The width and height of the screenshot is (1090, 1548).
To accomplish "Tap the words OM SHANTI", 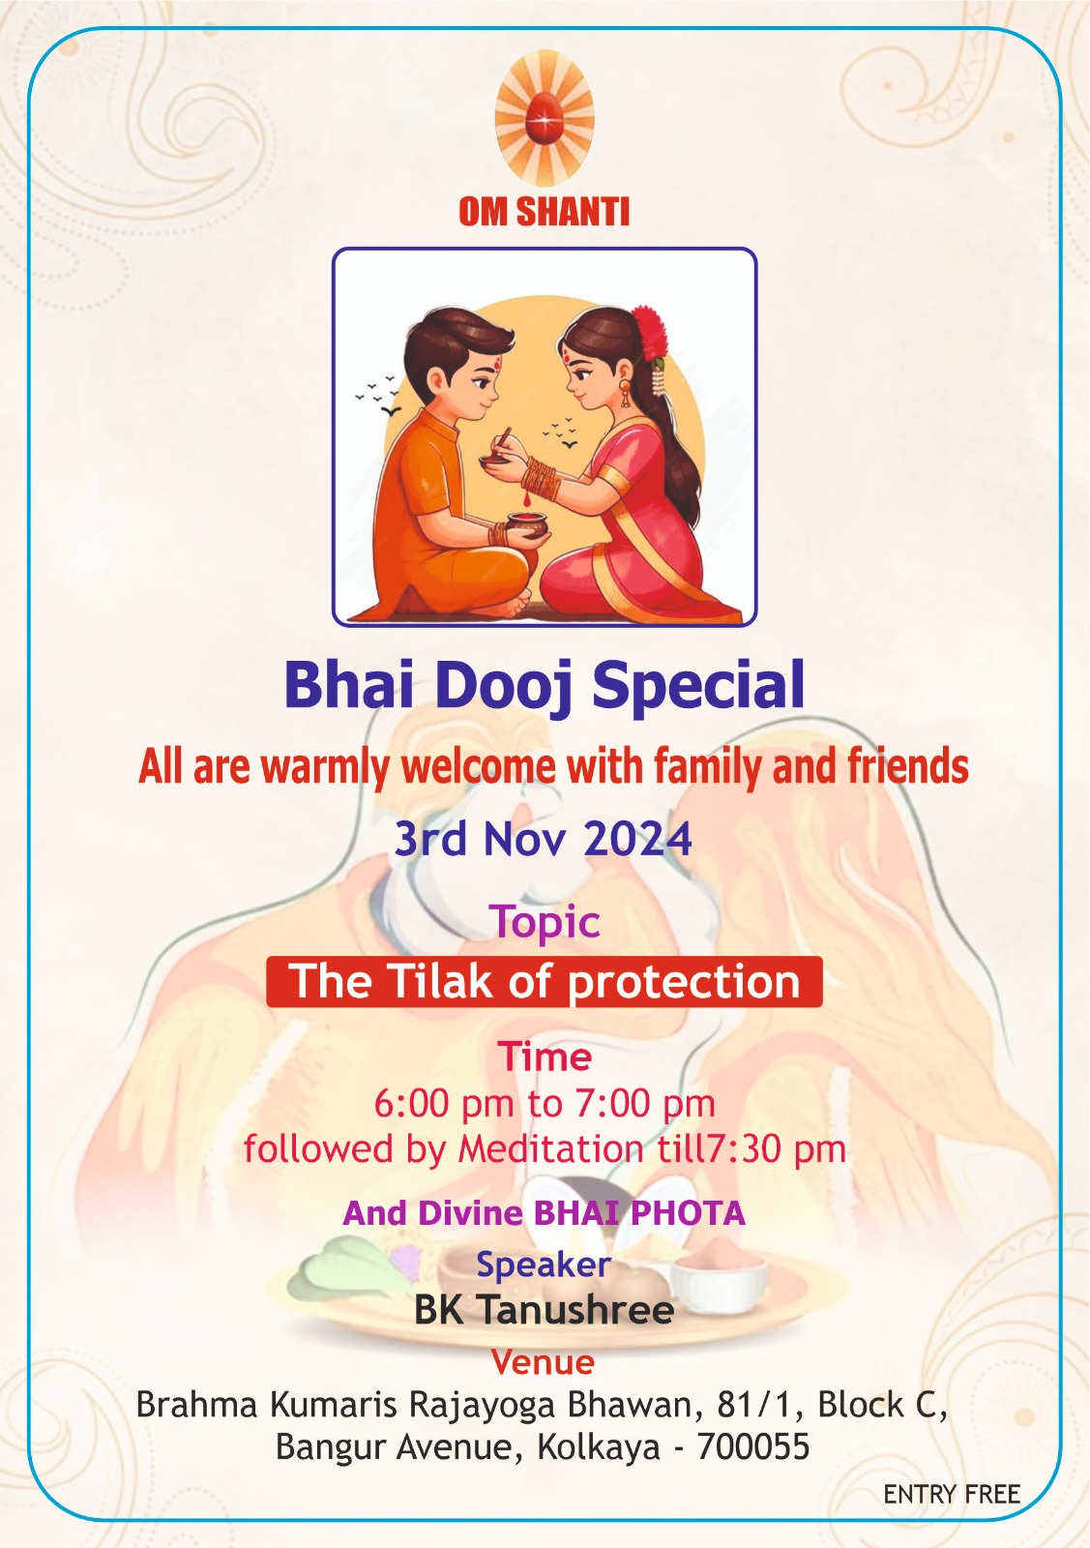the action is point(545,212).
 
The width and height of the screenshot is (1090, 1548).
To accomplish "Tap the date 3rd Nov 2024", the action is point(543,839).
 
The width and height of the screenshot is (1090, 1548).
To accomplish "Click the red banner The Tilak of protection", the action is point(545,981).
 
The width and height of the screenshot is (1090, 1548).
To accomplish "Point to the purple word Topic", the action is point(545,923).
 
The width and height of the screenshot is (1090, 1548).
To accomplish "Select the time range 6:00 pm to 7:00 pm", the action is point(545,1104).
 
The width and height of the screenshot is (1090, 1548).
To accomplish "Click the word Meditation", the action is point(550,1149).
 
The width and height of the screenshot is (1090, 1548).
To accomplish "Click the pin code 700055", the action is point(753,1446).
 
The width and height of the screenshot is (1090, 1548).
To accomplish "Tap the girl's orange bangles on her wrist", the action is point(543,478).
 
